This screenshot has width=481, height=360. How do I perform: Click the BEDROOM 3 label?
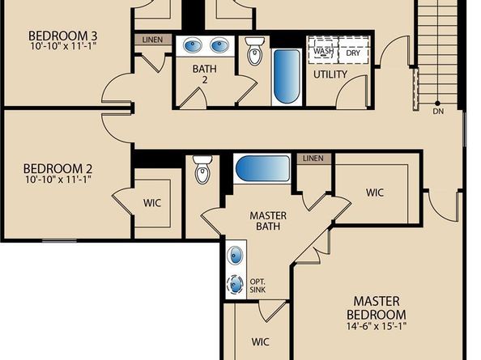[62, 36]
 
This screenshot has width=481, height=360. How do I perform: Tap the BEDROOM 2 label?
[56, 169]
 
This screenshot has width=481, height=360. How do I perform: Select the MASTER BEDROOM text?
[376, 307]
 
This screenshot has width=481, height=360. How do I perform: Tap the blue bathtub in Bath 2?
[286, 77]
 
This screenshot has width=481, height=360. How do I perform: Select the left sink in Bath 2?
[194, 45]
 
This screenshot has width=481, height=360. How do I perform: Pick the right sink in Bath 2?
[219, 45]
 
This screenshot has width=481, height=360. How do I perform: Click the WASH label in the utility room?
[324, 52]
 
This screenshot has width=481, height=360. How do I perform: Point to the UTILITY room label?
[330, 74]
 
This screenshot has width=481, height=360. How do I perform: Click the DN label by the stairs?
[438, 112]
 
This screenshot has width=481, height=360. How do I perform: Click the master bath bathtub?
[262, 169]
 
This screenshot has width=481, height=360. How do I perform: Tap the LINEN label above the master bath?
[313, 159]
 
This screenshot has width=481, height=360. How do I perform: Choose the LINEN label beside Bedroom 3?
[151, 39]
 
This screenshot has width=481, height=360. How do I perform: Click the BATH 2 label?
[204, 75]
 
